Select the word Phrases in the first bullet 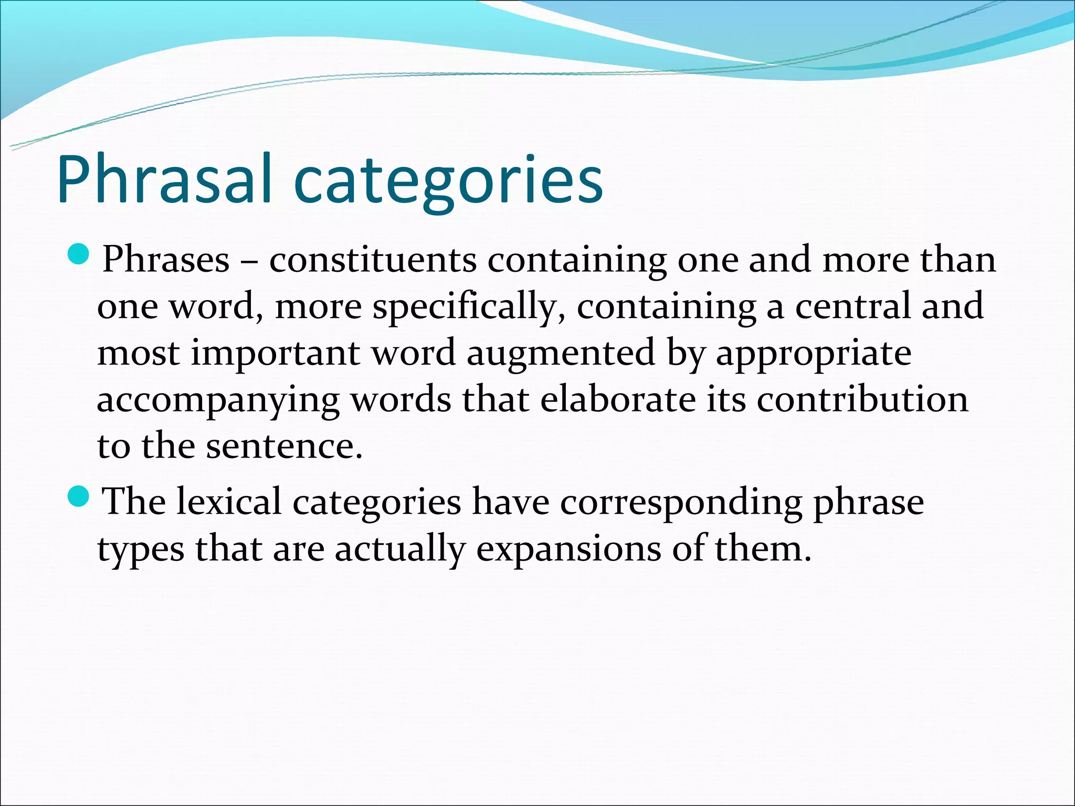(x=166, y=259)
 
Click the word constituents (x=373, y=259)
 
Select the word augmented (x=561, y=354)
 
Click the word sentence (x=283, y=447)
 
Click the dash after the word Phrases (x=249, y=260)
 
